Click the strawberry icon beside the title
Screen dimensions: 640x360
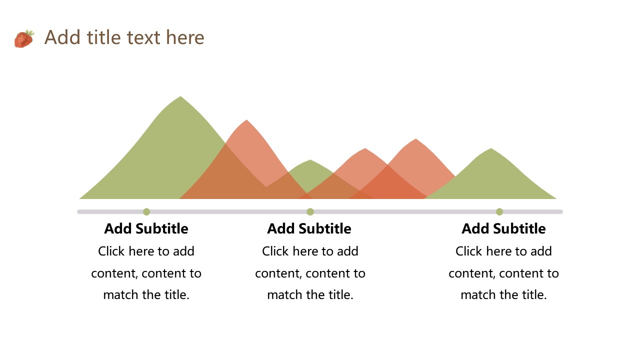pyautogui.click(x=24, y=38)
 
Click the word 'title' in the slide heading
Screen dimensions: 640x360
pyautogui.click(x=103, y=37)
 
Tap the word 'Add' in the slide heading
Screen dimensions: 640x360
pyautogui.click(x=62, y=37)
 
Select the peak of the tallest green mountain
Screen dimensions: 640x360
pyautogui.click(x=180, y=96)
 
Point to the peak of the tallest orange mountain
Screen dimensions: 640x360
pyautogui.click(x=246, y=120)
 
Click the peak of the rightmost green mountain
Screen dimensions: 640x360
pyautogui.click(x=491, y=148)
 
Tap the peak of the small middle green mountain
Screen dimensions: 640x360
pyautogui.click(x=310, y=160)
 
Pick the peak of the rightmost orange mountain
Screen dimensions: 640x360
pyautogui.click(x=416, y=139)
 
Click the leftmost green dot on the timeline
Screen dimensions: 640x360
pyautogui.click(x=146, y=211)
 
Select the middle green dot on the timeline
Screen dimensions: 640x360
pyautogui.click(x=310, y=211)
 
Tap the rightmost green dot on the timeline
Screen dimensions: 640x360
pyautogui.click(x=499, y=211)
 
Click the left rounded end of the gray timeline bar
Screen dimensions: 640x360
pyautogui.click(x=78, y=211)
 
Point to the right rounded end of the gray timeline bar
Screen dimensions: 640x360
pyautogui.click(x=561, y=211)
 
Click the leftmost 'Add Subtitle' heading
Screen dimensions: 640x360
pyautogui.click(x=146, y=228)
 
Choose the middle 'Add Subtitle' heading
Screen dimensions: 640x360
pyautogui.click(x=309, y=228)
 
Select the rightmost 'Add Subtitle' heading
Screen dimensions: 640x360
pyautogui.click(x=503, y=228)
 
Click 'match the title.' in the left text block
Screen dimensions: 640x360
pyautogui.click(x=146, y=294)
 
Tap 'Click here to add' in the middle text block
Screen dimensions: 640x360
pyautogui.click(x=310, y=251)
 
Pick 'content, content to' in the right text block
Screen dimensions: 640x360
pyautogui.click(x=503, y=273)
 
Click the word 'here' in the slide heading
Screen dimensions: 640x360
pyautogui.click(x=185, y=37)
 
